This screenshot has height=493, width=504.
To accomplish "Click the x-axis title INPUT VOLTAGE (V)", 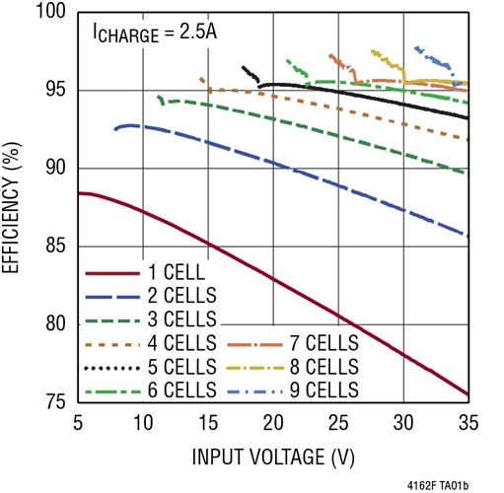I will pyautogui.click(x=272, y=457).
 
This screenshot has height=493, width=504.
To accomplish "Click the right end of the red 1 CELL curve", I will pyautogui.click(x=468, y=394).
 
